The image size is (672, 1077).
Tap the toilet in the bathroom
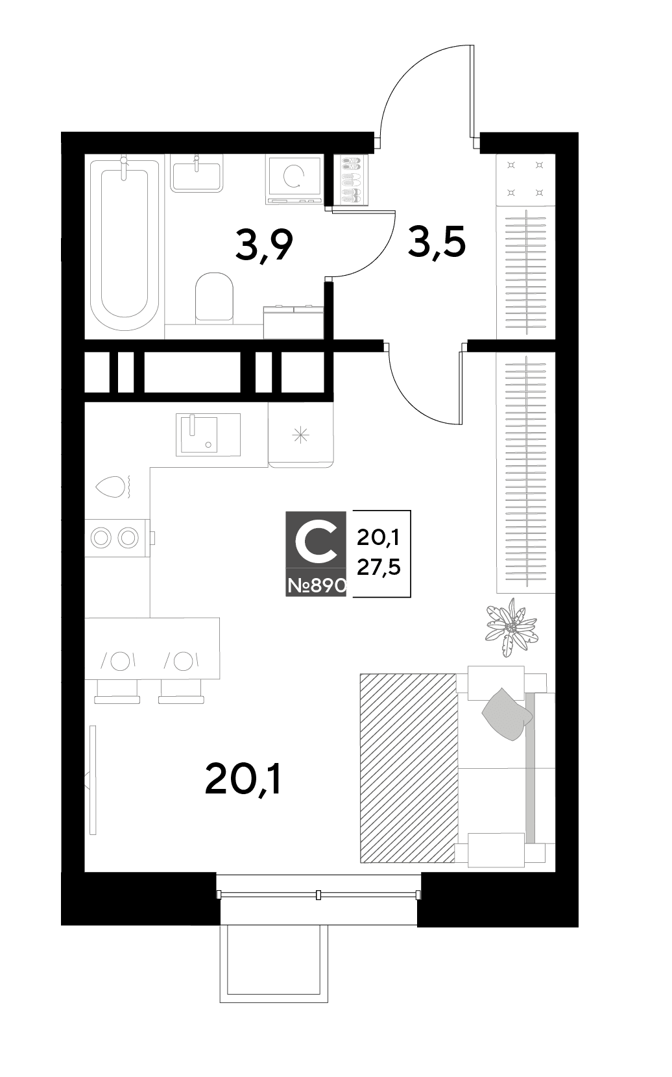pos(215,297)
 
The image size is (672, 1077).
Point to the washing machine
pos(294,179)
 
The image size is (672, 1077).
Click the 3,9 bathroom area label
pos(264,245)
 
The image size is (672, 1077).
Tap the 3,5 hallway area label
pos(437,242)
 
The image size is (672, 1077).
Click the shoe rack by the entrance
pos(350,180)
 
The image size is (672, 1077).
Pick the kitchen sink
pos(208,435)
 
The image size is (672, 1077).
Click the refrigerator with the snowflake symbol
pos(301,435)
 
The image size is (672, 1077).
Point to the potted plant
pos(511,627)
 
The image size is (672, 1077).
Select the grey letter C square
pos(316,553)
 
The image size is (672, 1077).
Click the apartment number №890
pos(317,586)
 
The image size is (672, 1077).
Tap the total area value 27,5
pos(378,568)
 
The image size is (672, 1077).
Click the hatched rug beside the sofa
pos(407,768)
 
